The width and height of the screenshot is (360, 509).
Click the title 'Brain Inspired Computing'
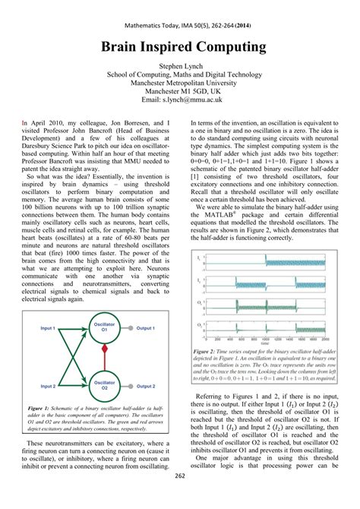coord(179,47)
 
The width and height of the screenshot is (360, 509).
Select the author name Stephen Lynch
coord(179,67)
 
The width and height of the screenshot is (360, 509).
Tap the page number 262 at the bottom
coord(180,498)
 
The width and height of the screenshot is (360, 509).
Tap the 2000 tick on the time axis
coord(260,340)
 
